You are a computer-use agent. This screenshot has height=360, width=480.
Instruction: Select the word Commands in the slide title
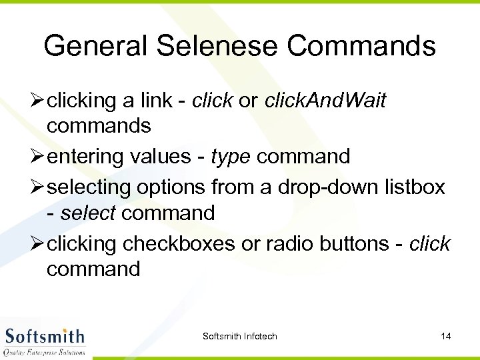pyautogui.click(x=363, y=46)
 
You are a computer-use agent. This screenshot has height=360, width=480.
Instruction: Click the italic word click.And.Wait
pyautogui.click(x=325, y=101)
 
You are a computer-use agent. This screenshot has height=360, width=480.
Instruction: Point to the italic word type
pyautogui.click(x=231, y=157)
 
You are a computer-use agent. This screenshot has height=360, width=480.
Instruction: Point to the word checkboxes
pyautogui.click(x=179, y=244)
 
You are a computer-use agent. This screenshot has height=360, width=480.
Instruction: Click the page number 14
pyautogui.click(x=446, y=336)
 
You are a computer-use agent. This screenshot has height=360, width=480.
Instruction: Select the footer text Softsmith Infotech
pyautogui.click(x=239, y=336)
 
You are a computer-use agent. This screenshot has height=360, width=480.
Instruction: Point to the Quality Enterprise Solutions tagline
pyautogui.click(x=45, y=351)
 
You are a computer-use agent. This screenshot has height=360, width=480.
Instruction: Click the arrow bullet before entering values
pyautogui.click(x=38, y=157)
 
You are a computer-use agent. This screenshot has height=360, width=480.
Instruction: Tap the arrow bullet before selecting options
pyautogui.click(x=38, y=187)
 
